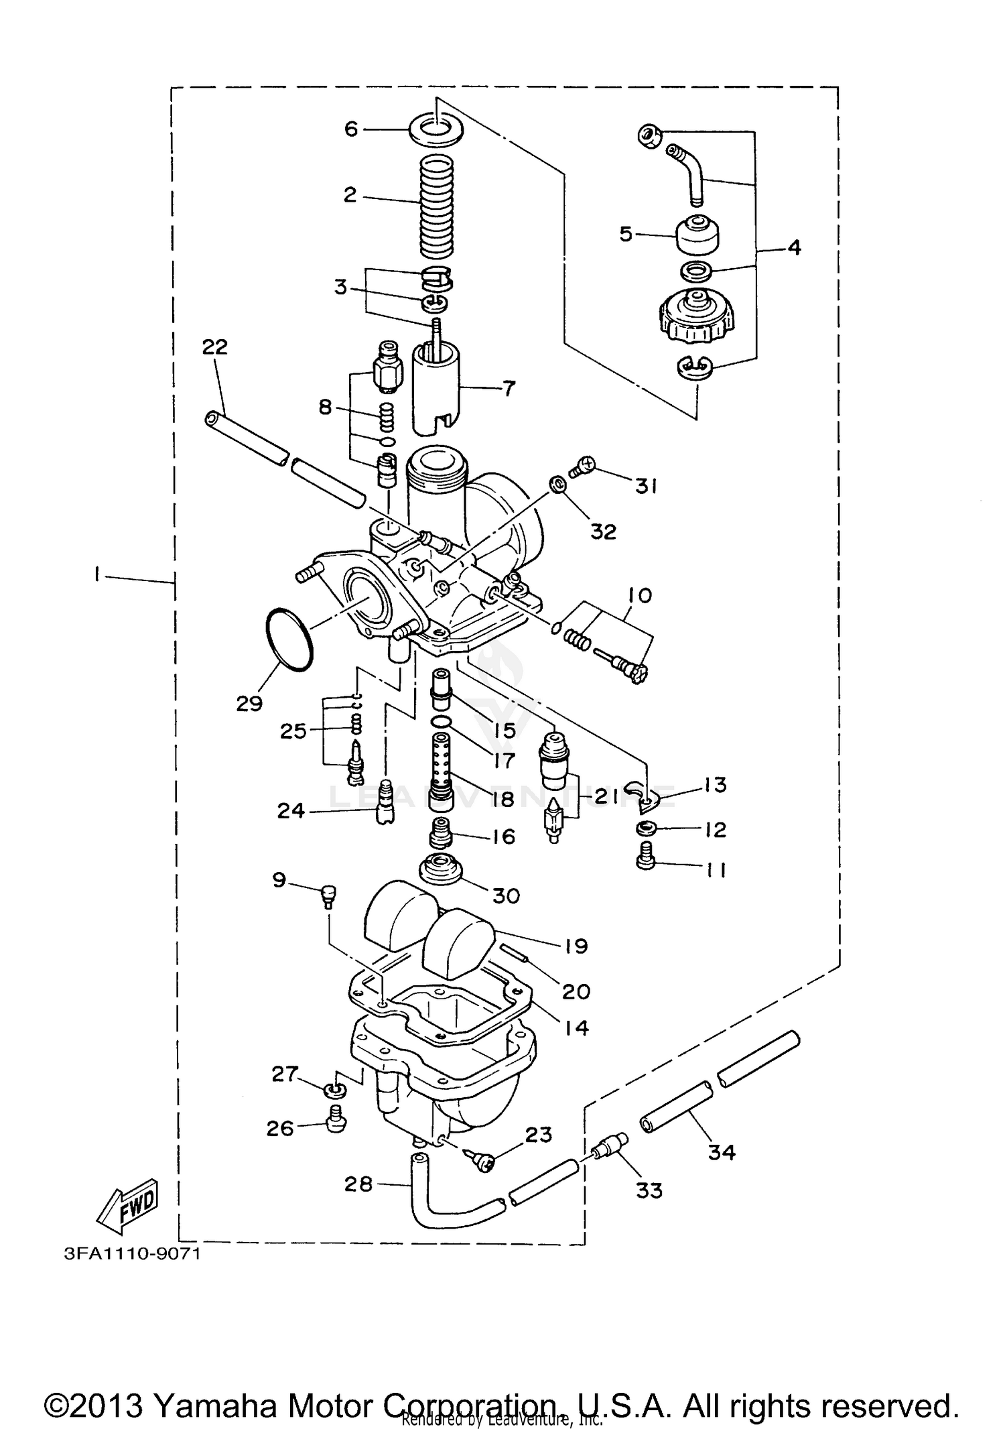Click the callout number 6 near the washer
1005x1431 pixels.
tap(351, 128)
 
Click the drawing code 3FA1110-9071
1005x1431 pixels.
tap(132, 1253)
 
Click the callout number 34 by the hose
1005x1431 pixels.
tap(722, 1152)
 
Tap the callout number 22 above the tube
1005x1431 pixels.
tap(215, 347)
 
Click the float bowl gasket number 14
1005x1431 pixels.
tap(576, 1028)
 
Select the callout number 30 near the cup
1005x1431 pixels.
tap(506, 895)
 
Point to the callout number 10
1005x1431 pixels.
tap(640, 595)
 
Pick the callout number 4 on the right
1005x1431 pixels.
tap(793, 247)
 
